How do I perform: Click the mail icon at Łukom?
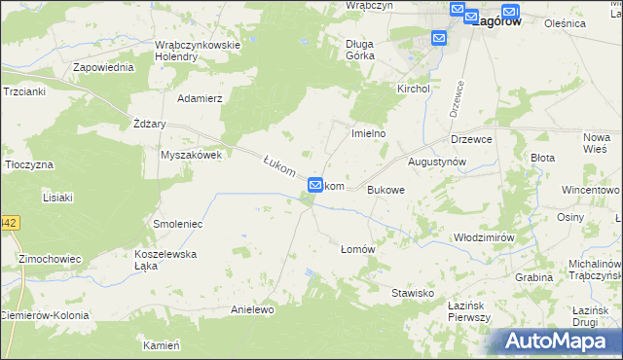point(315,185)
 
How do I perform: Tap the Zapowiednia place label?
point(103,68)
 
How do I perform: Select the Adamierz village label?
point(200,98)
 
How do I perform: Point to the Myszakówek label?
point(192,155)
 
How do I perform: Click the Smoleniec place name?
point(177,224)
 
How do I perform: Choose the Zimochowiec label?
point(49,259)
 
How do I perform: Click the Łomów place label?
point(357,249)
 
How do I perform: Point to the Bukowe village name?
point(385,191)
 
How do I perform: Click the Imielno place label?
point(369,133)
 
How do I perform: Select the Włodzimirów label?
point(484,237)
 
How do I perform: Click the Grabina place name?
point(534,277)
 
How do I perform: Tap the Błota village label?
point(541,157)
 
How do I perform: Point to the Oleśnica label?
point(593,22)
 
